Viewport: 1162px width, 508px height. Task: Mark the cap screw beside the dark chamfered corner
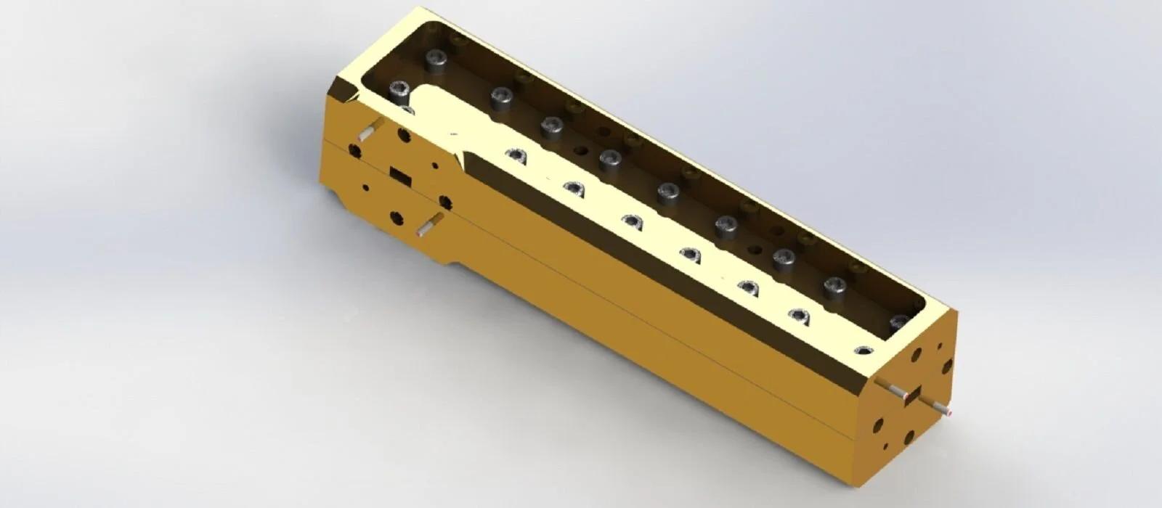(x=399, y=91)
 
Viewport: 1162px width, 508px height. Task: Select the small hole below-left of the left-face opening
(x=365, y=188)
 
